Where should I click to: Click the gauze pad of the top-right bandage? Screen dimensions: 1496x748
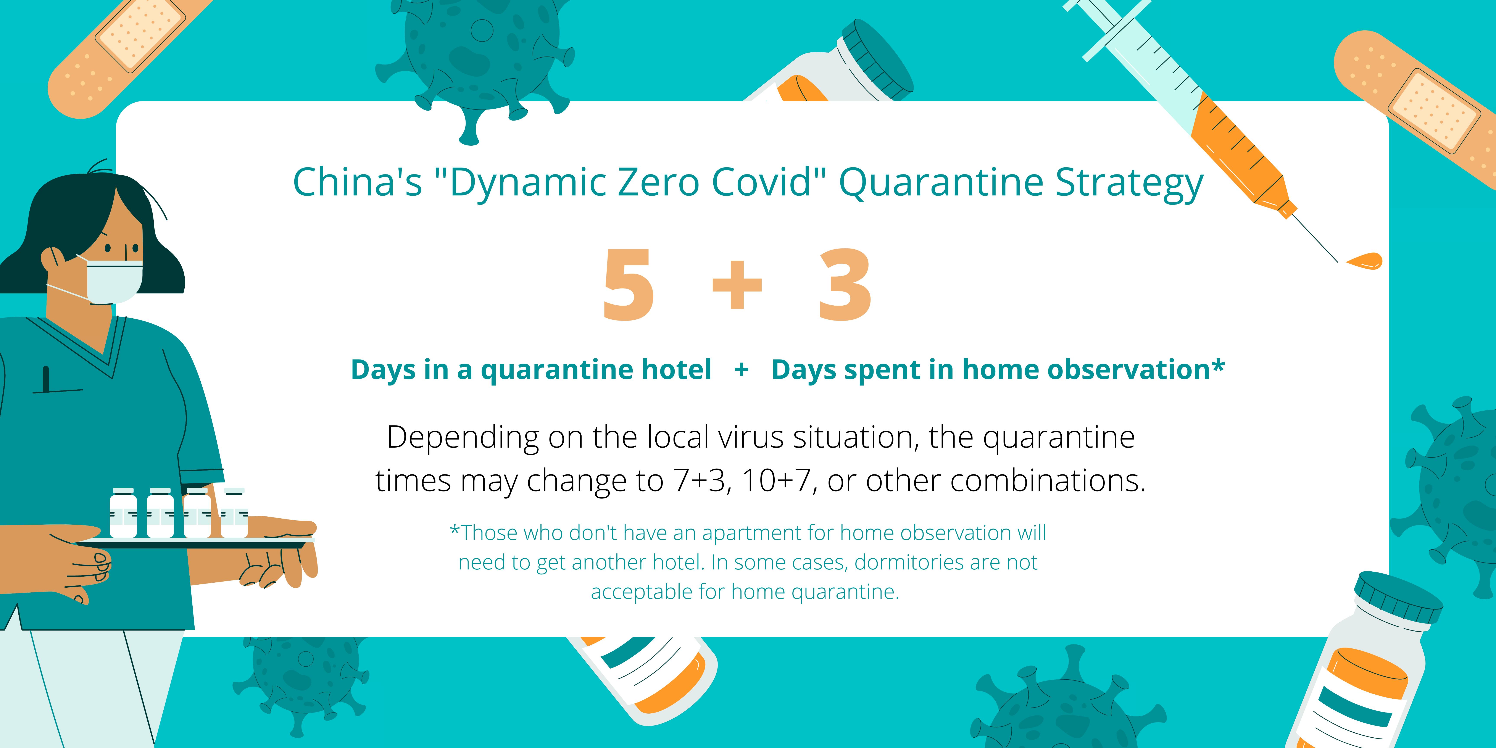click(1433, 110)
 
